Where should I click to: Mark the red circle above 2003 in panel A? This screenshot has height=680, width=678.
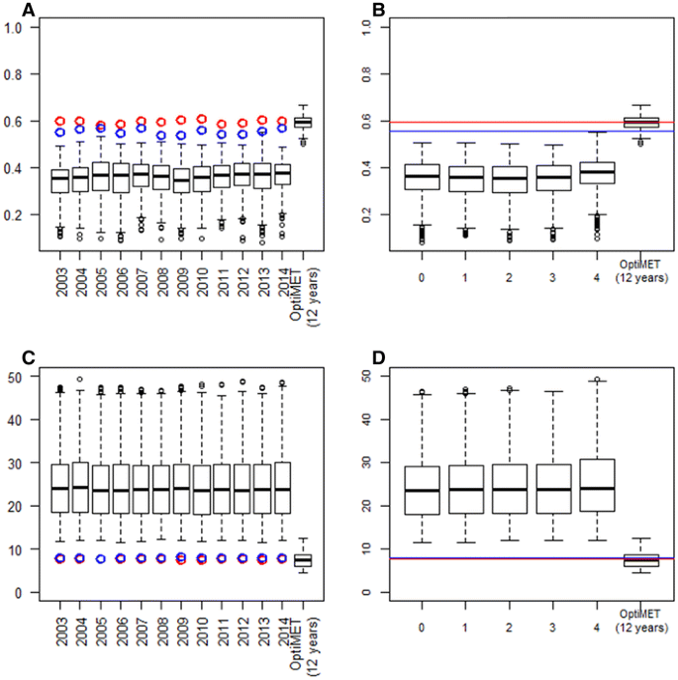pyautogui.click(x=60, y=121)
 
